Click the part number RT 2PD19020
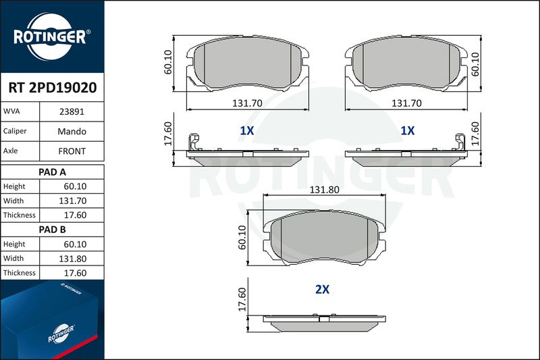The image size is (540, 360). tap(53, 88)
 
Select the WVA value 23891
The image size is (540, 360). tap(72, 111)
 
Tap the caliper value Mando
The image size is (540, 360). tap(72, 131)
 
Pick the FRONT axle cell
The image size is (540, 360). tap(72, 151)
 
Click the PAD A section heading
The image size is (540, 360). tap(53, 172)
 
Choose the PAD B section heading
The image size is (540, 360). tap(53, 230)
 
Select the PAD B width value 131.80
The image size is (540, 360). tap(73, 259)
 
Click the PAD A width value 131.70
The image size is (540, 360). tap(73, 201)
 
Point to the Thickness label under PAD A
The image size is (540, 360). tap(20, 215)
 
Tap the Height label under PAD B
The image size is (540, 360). tap(14, 244)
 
